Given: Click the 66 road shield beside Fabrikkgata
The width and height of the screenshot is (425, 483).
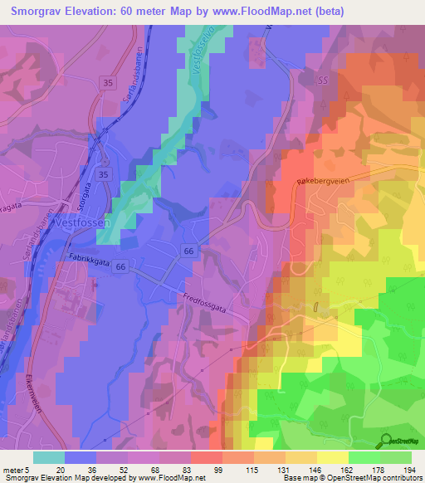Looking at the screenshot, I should pos(121,266).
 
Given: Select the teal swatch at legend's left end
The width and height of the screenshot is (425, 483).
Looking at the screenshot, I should pos(49,457).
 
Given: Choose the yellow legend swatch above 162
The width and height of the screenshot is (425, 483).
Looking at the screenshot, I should pos(333,457).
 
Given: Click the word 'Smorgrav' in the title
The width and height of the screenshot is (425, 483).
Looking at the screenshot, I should pos(41,12).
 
